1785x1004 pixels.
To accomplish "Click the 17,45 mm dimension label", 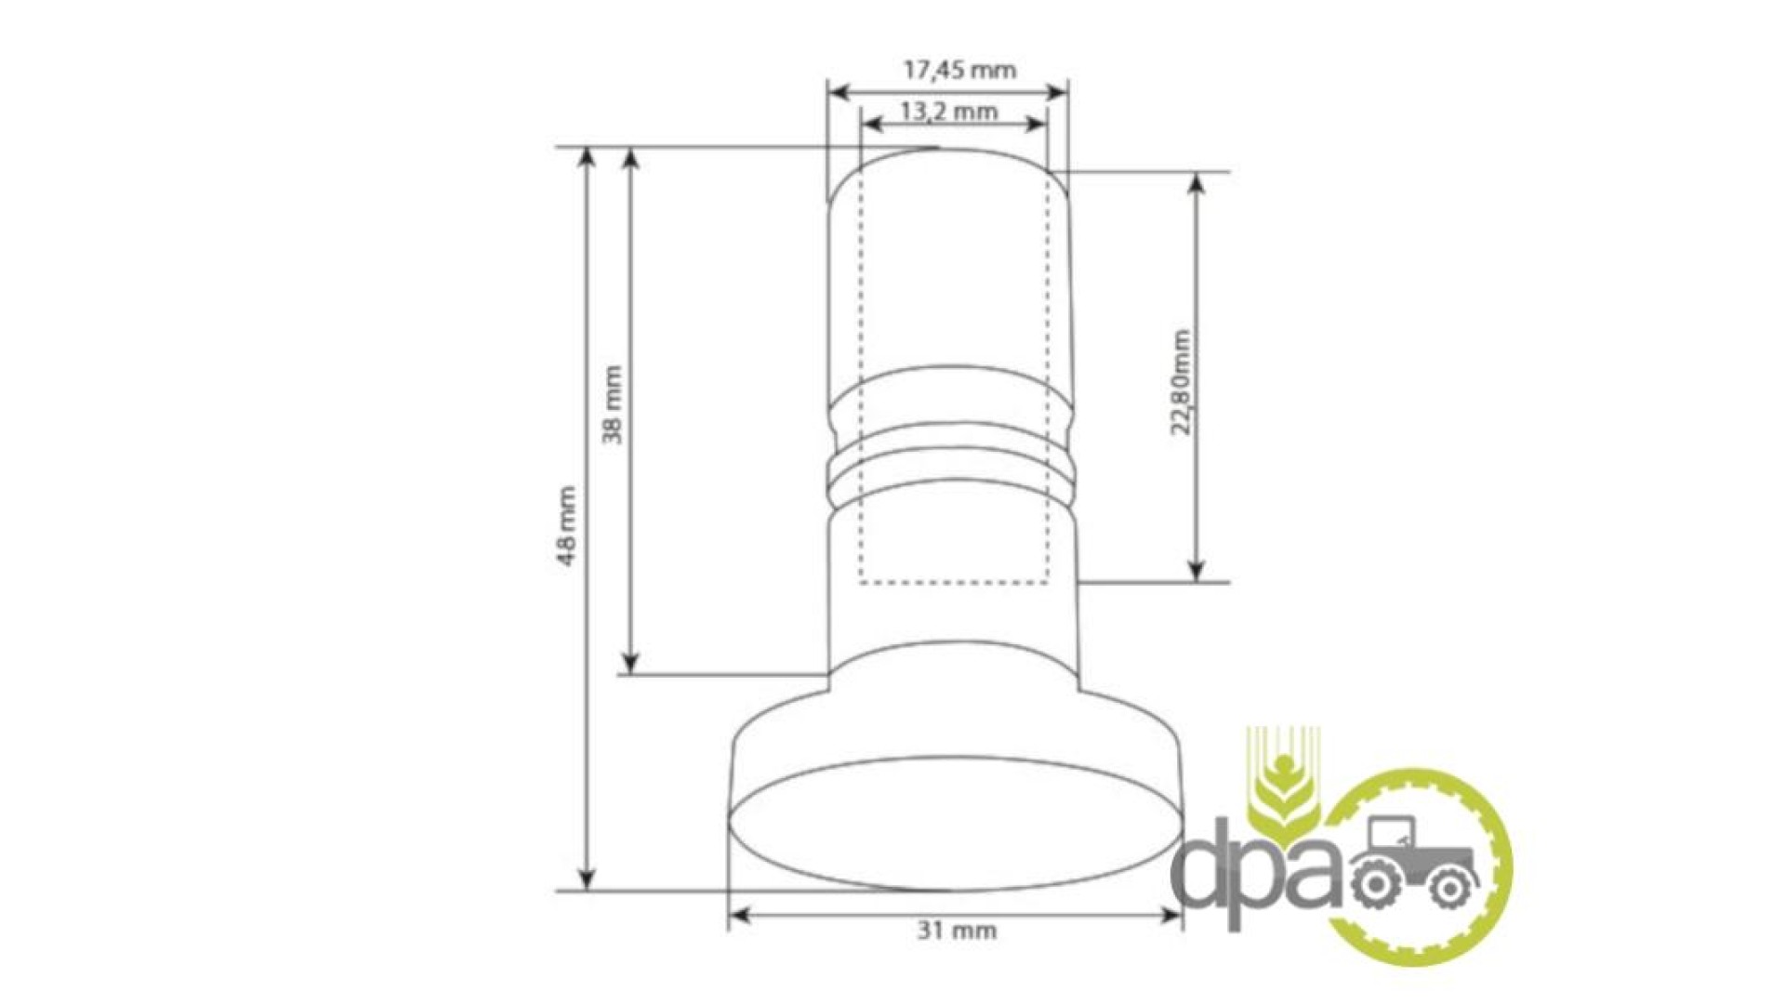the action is tap(960, 70).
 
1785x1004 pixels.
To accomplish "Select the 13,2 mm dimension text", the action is tap(949, 112).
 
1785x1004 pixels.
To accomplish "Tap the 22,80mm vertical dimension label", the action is tap(1181, 382).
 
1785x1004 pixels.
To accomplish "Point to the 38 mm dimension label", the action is tap(613, 404).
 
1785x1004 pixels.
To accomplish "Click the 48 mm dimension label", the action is tap(566, 525).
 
